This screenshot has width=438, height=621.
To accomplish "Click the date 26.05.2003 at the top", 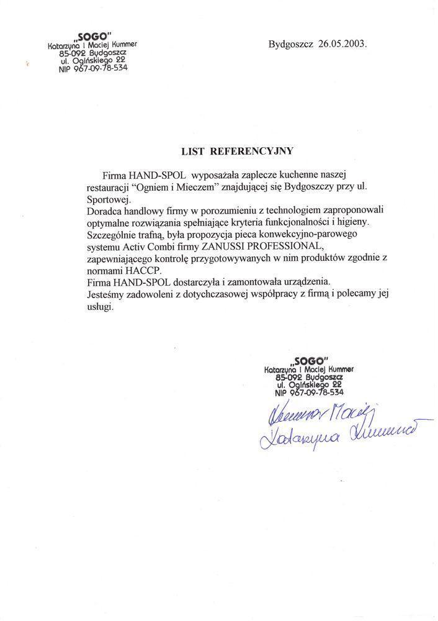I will pos(342,45).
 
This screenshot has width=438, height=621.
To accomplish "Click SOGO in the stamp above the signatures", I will pos(310,361).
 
